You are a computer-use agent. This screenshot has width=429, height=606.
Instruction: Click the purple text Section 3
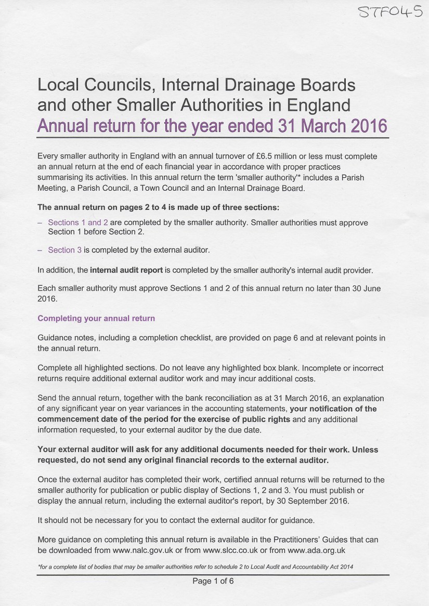(65, 250)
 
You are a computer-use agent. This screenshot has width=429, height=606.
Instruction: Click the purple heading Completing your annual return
(96, 318)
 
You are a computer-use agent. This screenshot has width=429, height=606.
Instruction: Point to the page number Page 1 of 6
(213, 581)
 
